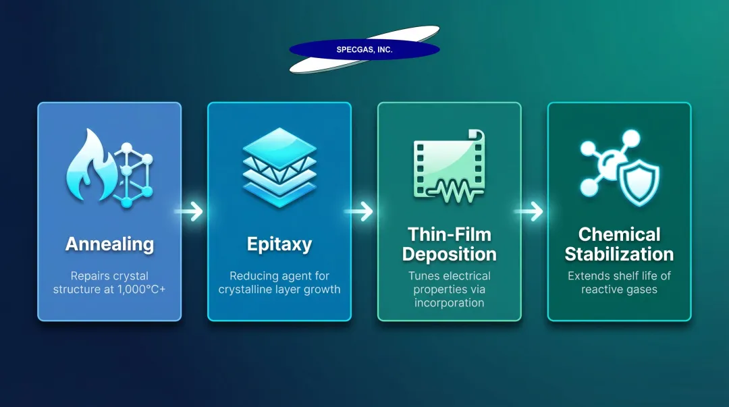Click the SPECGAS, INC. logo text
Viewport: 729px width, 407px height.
point(364,50)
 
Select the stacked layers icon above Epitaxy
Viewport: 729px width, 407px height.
point(279,168)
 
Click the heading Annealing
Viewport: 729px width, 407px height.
point(109,244)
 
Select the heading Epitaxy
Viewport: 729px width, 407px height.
point(279,244)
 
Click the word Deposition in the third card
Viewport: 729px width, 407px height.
point(450,254)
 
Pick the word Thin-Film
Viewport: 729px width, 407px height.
point(450,235)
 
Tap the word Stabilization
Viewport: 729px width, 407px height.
point(619,254)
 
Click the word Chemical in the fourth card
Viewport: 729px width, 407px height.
point(619,235)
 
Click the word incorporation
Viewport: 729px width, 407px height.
point(450,303)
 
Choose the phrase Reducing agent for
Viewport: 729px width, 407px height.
point(279,276)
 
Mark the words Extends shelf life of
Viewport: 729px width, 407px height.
point(619,276)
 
